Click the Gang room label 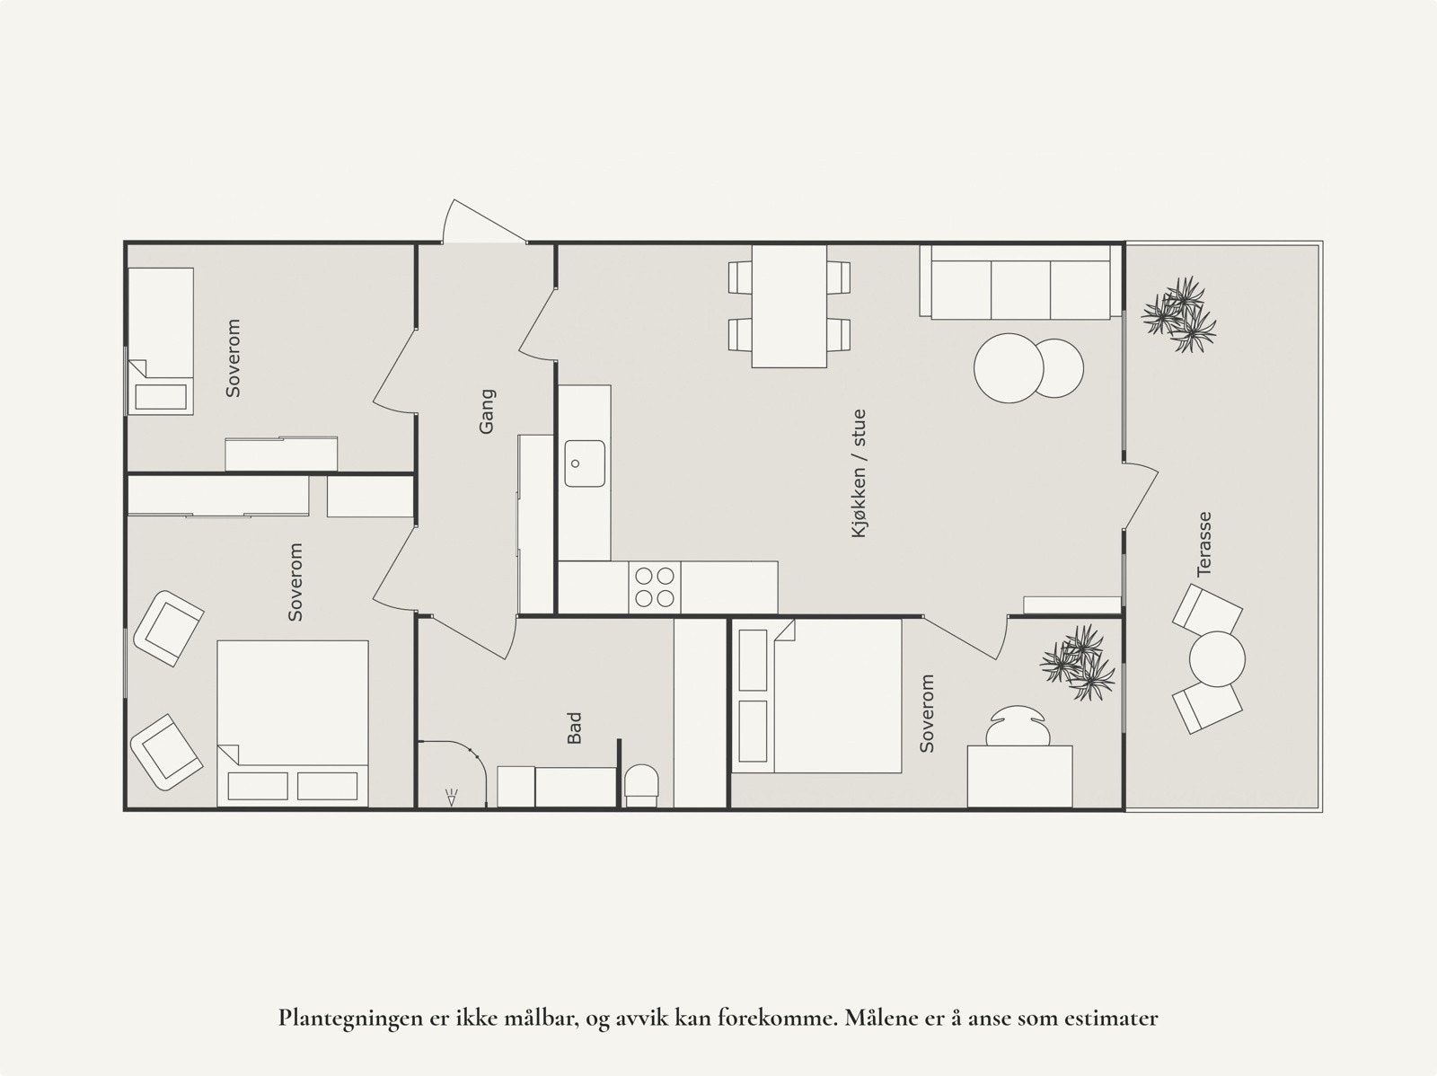[x=487, y=410]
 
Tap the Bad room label [x=575, y=728]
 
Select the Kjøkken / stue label [x=860, y=473]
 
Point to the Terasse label [x=1204, y=543]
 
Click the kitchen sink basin [x=584, y=463]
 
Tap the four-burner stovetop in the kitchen [x=654, y=587]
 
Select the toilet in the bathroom [x=642, y=783]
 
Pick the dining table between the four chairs [x=789, y=305]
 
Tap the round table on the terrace [x=1217, y=659]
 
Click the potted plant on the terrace [x=1179, y=314]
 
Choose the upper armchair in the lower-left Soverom [x=168, y=628]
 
